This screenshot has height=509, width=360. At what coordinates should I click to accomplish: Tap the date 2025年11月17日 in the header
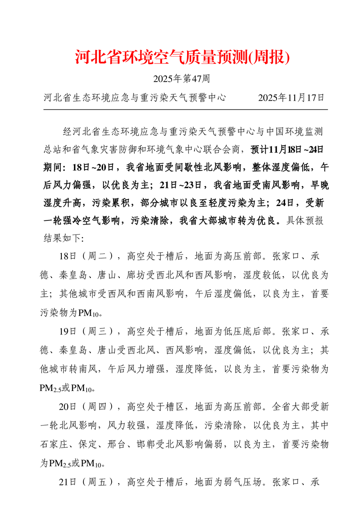point(291,98)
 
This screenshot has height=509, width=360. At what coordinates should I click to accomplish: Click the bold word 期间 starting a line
point(50,167)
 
